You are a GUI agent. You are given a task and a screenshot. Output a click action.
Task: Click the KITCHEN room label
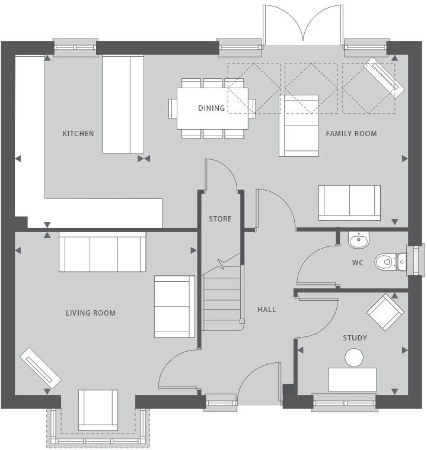pyautogui.click(x=78, y=134)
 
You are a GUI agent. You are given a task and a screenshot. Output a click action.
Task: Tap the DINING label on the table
pyautogui.click(x=211, y=108)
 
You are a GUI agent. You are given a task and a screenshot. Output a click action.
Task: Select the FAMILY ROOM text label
pyautogui.click(x=351, y=134)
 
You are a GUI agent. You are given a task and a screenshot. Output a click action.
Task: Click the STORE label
pyautogui.click(x=220, y=219)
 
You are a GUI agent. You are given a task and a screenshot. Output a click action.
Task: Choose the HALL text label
pyautogui.click(x=266, y=309)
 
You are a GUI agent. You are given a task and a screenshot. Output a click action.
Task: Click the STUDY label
pyautogui.click(x=355, y=338)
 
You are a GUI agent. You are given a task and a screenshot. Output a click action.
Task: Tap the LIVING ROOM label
pyautogui.click(x=91, y=313)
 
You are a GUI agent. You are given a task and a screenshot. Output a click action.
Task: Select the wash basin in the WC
pyautogui.click(x=358, y=240)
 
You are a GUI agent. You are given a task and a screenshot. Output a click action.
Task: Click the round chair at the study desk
pyautogui.click(x=354, y=358)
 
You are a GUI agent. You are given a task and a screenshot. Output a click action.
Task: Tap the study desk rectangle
pyautogui.click(x=352, y=380)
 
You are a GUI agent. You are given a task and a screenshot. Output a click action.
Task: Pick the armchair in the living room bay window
pyautogui.click(x=98, y=410)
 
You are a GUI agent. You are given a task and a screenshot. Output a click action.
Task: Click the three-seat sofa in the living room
pyautogui.click(x=102, y=252)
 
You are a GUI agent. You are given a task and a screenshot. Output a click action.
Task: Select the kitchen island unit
pyautogui.click(x=123, y=104)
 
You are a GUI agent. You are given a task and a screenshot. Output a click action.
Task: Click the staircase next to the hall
pyautogui.click(x=223, y=299)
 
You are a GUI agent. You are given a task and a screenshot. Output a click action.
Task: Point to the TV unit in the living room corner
pyautogui.click(x=41, y=368)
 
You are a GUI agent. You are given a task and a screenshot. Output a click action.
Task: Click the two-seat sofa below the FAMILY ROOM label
pyautogui.click(x=349, y=202)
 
